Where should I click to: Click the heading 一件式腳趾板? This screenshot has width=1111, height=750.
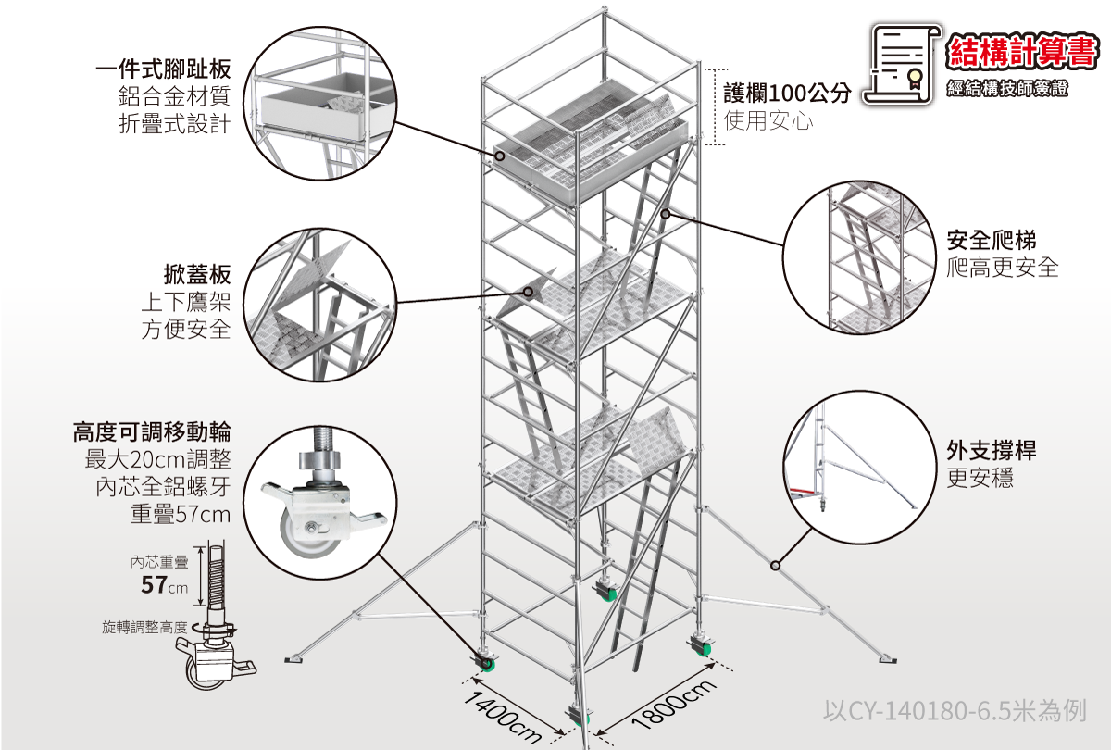162,69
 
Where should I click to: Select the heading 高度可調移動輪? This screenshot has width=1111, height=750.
152,431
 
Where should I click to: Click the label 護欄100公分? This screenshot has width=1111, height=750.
787,93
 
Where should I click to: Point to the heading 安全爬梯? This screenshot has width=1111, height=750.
991,241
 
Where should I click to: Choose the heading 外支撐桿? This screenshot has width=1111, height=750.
991,451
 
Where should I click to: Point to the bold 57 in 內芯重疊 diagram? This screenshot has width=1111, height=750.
154,585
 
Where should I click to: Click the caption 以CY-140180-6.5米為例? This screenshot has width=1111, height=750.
954,711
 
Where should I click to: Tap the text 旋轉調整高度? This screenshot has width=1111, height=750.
144,628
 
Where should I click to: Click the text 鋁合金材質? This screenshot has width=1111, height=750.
173,96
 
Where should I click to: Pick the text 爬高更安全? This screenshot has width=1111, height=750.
1002,269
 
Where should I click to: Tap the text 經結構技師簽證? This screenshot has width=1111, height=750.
1007,89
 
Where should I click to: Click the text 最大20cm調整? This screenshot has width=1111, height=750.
157,459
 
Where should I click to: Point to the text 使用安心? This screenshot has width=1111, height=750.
768,120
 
